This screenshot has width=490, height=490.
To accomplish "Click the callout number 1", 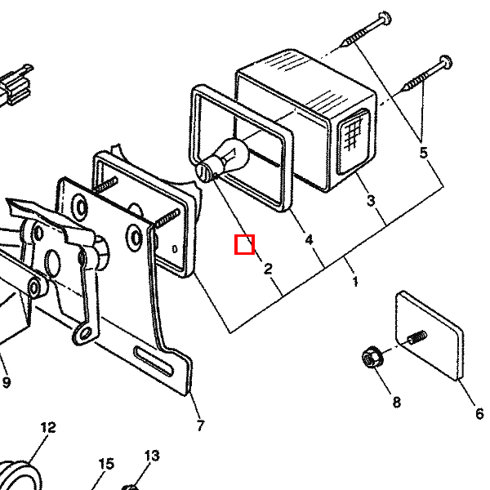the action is coord(355,281).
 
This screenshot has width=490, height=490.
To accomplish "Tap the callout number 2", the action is coord(268,269).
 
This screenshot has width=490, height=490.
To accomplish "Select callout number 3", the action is coord(371,201).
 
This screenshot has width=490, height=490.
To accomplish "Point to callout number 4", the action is coord(309,240).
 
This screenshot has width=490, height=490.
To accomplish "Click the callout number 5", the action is coord(423,153).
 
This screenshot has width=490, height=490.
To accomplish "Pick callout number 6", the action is coord(479,413).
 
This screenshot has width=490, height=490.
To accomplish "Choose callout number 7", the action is coord(200,425).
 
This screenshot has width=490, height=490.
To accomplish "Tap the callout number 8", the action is coord(396,402).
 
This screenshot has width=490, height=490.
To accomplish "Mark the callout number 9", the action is coord(7,382).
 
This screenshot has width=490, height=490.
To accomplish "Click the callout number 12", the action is coord(48,427).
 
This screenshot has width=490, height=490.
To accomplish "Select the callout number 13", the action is coord(152,456).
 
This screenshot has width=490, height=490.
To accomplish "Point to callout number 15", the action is coord(106,464).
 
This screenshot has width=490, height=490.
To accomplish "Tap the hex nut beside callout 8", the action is coord(371,358).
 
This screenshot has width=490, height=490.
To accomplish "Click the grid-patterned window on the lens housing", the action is coord(354,140).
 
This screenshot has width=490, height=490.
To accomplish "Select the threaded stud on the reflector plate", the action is coord(416,336).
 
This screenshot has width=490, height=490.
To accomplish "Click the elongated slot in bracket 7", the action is coord(154,361).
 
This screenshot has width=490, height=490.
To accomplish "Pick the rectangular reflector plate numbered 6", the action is coord(430,336).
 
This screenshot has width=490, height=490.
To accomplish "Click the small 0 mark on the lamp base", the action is coord(175,249).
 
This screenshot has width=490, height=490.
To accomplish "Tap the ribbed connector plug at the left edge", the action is coord(16,84).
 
